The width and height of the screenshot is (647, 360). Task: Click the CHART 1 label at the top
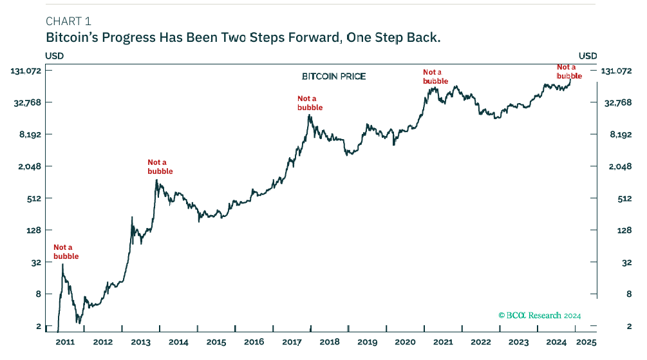click(68, 21)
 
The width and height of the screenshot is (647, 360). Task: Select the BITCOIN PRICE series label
click(333, 77)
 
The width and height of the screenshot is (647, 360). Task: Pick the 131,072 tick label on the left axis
click(26, 71)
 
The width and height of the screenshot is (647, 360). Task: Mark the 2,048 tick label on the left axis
click(30, 166)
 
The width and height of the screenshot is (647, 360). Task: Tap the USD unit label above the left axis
click(54, 56)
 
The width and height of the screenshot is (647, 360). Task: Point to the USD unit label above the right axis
click(588, 56)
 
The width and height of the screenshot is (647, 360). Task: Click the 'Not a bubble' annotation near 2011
click(66, 252)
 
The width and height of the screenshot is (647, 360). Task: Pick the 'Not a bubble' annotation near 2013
click(160, 167)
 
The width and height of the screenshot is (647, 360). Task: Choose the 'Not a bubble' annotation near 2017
click(310, 103)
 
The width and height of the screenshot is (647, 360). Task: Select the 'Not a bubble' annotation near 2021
click(435, 77)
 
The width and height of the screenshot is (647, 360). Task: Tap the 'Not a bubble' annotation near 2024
click(569, 71)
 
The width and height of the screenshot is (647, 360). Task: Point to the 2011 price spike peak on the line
click(62, 264)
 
